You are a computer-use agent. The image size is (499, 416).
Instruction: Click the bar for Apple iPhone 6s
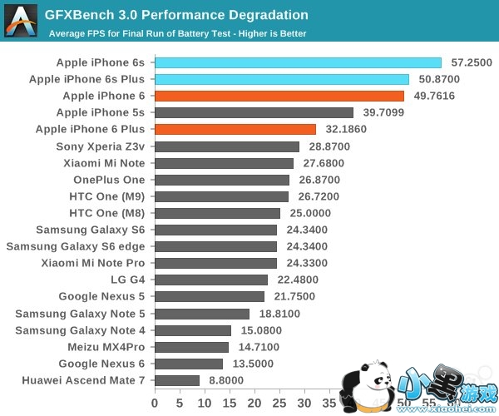[298, 62]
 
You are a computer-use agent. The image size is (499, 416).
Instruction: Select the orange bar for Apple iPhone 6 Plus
[235, 129]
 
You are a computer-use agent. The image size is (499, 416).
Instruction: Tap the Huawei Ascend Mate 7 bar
[177, 380]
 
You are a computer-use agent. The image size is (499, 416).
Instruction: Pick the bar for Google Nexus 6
[189, 364]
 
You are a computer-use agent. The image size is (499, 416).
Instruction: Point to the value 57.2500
[472, 62]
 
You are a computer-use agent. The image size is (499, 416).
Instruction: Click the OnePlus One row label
[109, 180]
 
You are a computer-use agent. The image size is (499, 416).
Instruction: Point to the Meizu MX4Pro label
[106, 347]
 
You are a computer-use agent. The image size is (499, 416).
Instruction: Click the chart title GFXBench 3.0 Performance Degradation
[176, 15]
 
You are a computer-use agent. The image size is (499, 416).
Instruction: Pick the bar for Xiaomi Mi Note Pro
[215, 263]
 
